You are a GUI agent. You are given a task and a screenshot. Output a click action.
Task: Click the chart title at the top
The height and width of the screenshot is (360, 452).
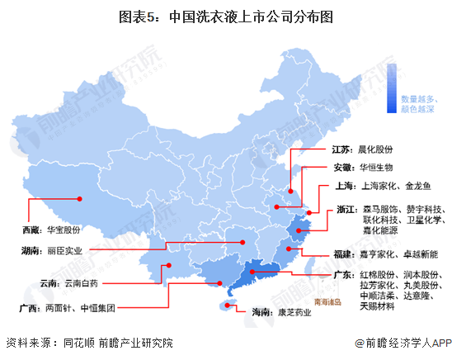(225, 14)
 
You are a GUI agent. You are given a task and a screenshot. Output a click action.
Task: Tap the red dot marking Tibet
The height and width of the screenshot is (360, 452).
(80, 198)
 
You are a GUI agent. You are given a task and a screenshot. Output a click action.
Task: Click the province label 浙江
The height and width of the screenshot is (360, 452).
(347, 210)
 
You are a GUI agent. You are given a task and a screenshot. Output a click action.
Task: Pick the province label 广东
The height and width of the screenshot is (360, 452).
(345, 274)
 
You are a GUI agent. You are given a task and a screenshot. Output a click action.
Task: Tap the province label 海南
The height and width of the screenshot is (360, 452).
(261, 313)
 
